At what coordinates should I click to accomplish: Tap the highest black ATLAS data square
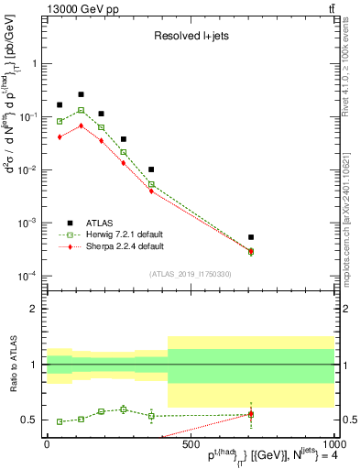click(x=81, y=94)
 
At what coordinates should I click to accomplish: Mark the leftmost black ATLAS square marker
click(x=60, y=105)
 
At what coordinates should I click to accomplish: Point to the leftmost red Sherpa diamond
click(x=60, y=136)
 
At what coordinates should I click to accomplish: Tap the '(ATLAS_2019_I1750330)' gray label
click(x=189, y=274)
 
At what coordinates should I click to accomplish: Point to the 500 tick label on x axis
click(x=190, y=444)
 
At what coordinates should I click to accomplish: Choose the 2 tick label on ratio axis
click(x=34, y=309)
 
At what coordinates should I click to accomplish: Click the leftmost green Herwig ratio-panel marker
click(x=60, y=421)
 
